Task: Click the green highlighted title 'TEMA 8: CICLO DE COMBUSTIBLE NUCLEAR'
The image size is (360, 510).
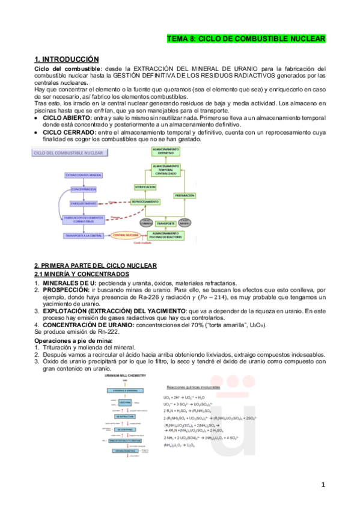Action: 246,39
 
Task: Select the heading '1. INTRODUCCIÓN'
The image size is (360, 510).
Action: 66,59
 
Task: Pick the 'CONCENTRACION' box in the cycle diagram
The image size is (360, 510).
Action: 83,189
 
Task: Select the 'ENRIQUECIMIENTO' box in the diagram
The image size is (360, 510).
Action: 84,204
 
